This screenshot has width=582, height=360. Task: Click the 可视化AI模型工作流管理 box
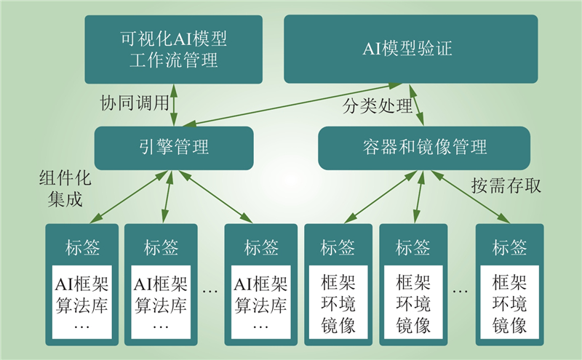pyautogui.click(x=174, y=49)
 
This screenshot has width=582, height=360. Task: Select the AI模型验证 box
pyautogui.click(x=411, y=49)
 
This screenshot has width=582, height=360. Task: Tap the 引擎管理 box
pyautogui.click(x=174, y=148)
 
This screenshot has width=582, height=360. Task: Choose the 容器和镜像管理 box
pyautogui.click(x=424, y=148)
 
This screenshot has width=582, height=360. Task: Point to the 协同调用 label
pyautogui.click(x=135, y=103)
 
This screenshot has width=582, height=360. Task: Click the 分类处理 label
pyautogui.click(x=377, y=105)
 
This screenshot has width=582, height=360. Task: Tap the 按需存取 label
pyautogui.click(x=506, y=185)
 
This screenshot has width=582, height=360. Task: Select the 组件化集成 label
pyautogui.click(x=65, y=188)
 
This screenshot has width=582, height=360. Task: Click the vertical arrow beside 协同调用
pyautogui.click(x=174, y=105)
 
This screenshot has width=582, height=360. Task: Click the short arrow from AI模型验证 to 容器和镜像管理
pyautogui.click(x=416, y=105)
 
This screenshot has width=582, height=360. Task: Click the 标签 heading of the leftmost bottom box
pyautogui.click(x=82, y=247)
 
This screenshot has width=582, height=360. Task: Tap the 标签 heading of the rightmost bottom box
pyautogui.click(x=510, y=247)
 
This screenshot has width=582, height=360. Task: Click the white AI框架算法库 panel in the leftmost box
pyautogui.click(x=82, y=302)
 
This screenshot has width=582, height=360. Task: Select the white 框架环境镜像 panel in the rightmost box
pyautogui.click(x=510, y=302)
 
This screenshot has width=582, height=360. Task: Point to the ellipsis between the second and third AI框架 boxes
pyautogui.click(x=210, y=292)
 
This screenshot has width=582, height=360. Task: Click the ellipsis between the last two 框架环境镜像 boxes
pyautogui.click(x=461, y=292)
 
